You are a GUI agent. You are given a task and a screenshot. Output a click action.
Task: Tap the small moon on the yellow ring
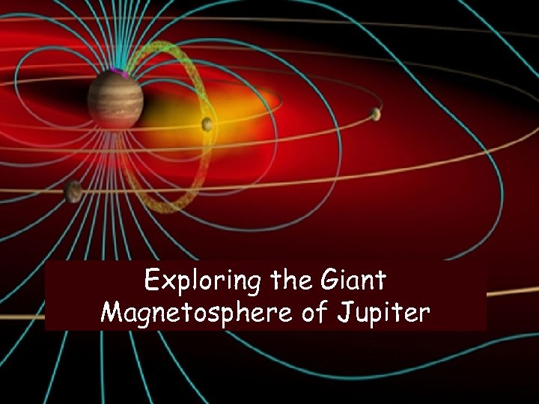click(x=207, y=124)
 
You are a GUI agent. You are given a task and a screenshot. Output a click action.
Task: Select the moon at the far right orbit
click(x=375, y=114)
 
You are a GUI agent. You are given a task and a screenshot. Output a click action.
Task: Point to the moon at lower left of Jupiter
click(x=73, y=192)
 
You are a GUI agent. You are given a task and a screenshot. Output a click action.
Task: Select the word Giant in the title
click(x=353, y=281)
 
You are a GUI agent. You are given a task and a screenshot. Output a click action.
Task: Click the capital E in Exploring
click(x=152, y=281)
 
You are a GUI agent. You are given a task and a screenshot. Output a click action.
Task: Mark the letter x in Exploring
click(x=167, y=283)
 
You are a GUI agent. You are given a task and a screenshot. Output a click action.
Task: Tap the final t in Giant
click(x=381, y=281)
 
